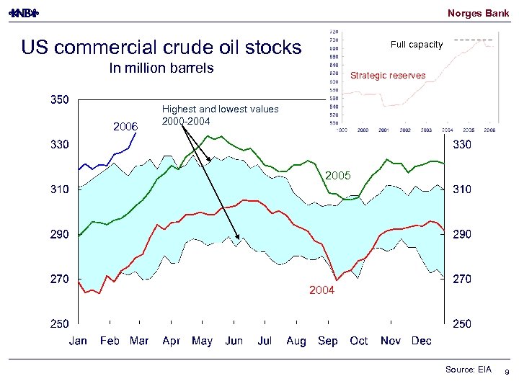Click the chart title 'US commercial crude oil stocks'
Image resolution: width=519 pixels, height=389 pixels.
point(161,48)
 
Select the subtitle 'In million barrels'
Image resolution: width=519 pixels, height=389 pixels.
point(161,68)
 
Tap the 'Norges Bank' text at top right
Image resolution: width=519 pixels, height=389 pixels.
point(478,13)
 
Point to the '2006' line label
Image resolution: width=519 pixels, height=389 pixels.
point(125,127)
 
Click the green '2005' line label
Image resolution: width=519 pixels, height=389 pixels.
point(337,176)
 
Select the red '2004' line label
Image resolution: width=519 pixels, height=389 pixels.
point(321,290)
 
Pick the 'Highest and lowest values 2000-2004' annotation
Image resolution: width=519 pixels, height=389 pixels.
point(220,115)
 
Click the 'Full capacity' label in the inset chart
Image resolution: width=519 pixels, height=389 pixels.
point(417,45)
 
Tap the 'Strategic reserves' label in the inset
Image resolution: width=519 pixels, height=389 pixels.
point(387,76)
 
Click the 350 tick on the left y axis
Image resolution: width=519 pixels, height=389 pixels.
point(59,100)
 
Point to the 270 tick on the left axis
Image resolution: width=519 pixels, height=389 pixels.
point(59,279)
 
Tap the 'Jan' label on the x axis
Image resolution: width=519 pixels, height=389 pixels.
point(79,341)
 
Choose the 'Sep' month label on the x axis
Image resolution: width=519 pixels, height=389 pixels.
point(327,341)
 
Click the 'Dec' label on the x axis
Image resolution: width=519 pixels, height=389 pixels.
point(421,341)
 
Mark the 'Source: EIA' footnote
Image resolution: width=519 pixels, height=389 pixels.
point(468,370)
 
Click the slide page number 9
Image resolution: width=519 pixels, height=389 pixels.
point(507,372)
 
